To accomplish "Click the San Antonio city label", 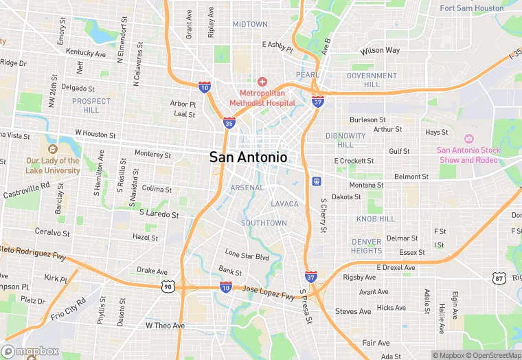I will point(248,157).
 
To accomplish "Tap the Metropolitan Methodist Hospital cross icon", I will point(262,82).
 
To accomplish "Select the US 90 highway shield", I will point(168,286).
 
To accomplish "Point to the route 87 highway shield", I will point(499,278).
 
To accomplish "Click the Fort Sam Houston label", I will point(471,8).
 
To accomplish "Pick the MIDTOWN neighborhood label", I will point(250,24).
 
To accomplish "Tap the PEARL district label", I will point(307,74).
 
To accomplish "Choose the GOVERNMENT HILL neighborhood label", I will point(372,80).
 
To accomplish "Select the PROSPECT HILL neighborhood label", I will point(91,105).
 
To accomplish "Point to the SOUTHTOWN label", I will point(264,223).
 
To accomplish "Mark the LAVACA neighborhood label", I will point(284,204).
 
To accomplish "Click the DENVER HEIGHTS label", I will point(366,246).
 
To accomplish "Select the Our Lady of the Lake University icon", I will point(52,148).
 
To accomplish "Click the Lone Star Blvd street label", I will point(247,256).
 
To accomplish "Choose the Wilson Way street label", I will point(380,51).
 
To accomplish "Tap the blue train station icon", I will point(317,181).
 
